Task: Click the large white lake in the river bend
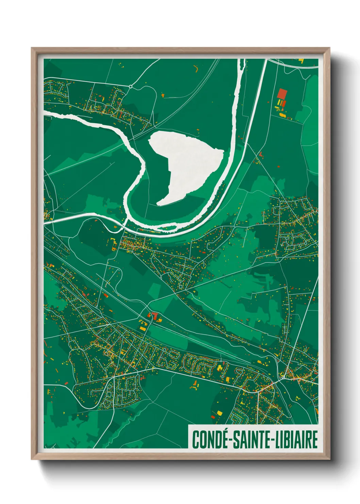tap(185, 163)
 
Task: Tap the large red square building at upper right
tap(282, 93)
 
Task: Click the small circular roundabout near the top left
tap(130, 86)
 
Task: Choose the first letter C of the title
tap(195, 439)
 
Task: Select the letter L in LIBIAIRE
tap(276, 439)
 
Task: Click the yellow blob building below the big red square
tap(282, 115)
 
